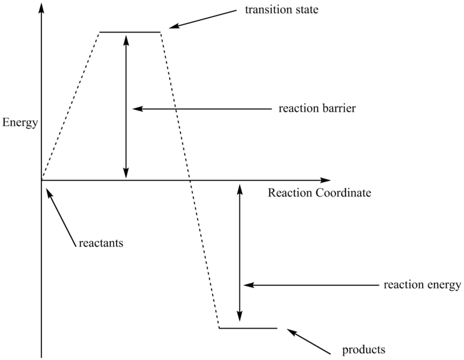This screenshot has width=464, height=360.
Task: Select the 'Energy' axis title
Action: [x=20, y=123]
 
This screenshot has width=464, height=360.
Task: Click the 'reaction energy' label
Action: [x=422, y=284]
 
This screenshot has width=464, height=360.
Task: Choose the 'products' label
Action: [x=363, y=349]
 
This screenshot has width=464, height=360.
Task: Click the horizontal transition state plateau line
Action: [x=130, y=32]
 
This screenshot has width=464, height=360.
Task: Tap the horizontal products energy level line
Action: [x=248, y=328]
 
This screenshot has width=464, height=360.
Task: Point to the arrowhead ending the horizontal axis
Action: [x=325, y=180]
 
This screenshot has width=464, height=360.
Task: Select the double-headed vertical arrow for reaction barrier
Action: [x=126, y=105]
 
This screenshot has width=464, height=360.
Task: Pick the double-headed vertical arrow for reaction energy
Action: [x=240, y=252]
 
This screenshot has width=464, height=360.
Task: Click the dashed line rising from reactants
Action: [x=70, y=105]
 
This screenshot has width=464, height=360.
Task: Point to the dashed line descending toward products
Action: [x=189, y=180]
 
